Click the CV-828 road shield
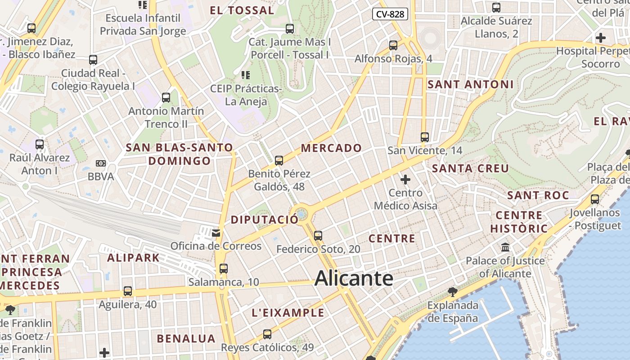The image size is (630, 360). click(390, 14)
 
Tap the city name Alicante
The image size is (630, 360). click(354, 278)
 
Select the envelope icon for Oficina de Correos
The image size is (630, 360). click(216, 233)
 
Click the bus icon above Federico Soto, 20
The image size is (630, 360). click(318, 235)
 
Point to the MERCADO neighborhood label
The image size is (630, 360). click(331, 148)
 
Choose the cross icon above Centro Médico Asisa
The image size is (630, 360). click(405, 180)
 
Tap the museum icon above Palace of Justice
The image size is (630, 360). click(505, 247)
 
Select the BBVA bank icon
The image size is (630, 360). click(101, 163)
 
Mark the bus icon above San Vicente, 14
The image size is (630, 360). click(425, 137)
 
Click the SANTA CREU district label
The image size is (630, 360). click(470, 169)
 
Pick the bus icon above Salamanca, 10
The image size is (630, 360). click(224, 269)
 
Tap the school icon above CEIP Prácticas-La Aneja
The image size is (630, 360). click(246, 75)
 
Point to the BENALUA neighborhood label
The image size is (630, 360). click(186, 338)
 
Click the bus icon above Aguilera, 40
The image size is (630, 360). click(128, 291)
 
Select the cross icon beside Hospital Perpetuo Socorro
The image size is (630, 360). click(601, 38)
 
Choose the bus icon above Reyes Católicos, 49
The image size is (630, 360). click(267, 334)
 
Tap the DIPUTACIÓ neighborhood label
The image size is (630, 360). click(264, 220)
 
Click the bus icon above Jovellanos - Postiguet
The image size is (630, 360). click(595, 199)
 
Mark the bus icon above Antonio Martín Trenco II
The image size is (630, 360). click(166, 97)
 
